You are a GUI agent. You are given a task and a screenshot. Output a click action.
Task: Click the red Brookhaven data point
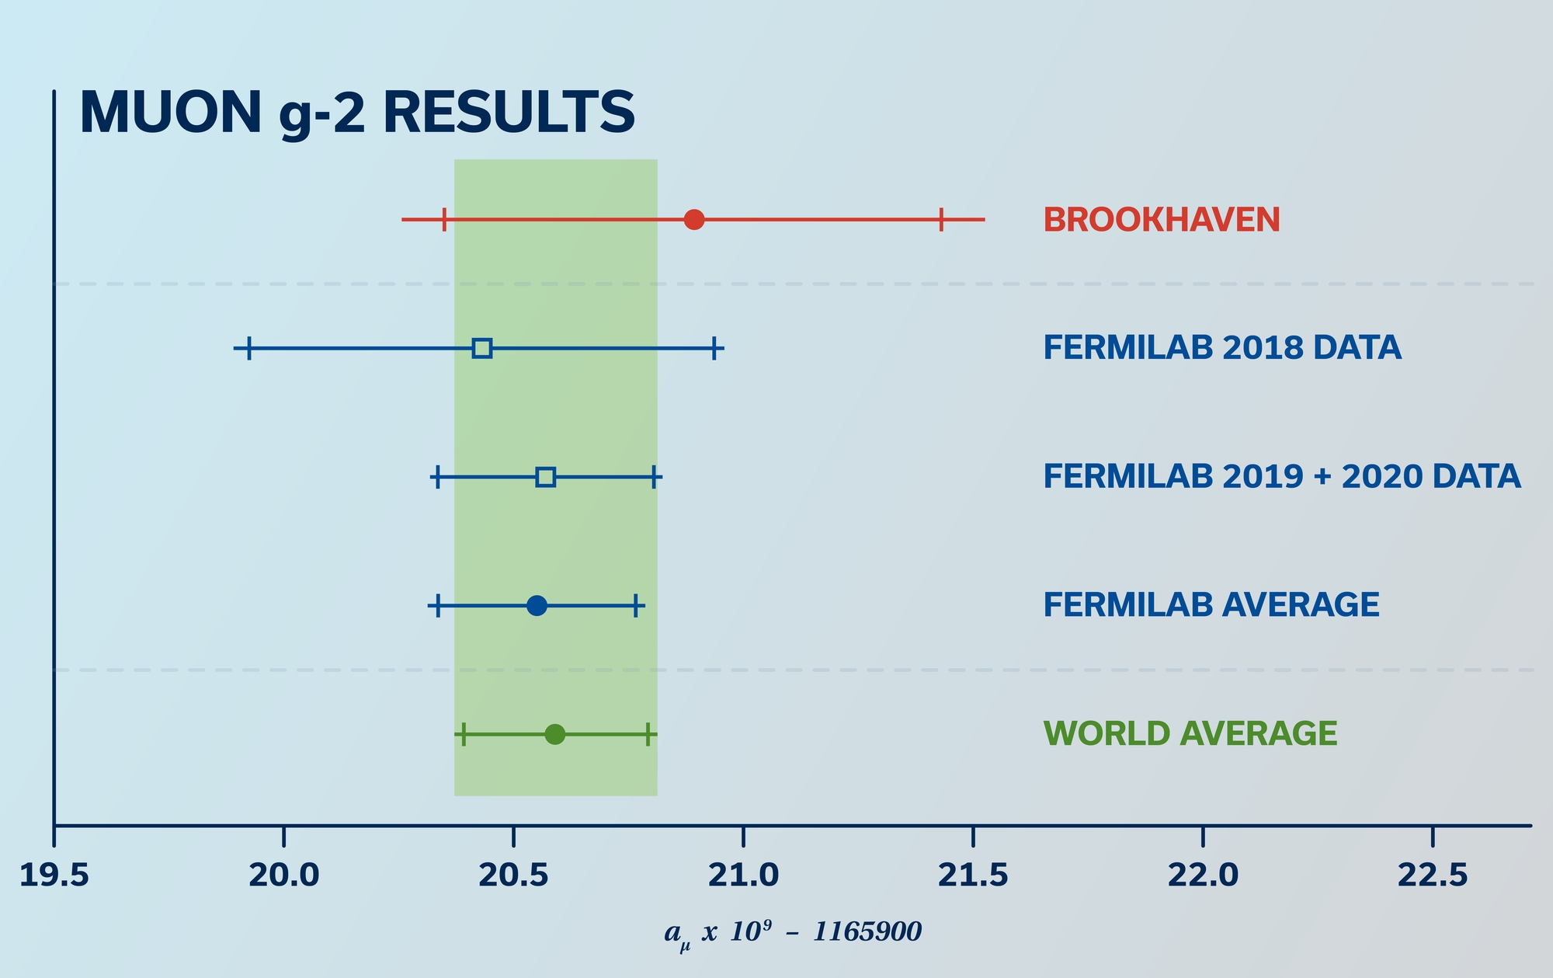[694, 220]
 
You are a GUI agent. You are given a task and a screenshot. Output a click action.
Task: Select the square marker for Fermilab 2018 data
[482, 348]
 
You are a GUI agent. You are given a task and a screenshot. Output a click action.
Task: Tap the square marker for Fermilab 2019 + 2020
[546, 477]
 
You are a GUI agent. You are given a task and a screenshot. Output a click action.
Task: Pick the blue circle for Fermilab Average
[537, 606]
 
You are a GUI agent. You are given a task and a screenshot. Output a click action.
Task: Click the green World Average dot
[554, 734]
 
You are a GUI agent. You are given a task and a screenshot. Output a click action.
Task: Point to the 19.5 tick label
[54, 876]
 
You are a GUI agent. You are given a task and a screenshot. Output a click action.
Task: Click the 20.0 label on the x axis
[284, 876]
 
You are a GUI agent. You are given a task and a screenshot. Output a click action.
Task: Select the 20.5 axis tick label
[513, 876]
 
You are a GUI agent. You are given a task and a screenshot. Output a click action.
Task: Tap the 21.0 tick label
[743, 876]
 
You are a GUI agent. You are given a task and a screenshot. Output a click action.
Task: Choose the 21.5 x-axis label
[973, 876]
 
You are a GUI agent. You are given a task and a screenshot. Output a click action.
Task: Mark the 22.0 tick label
[1203, 876]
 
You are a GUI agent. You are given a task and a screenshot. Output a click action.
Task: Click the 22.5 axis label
[1433, 876]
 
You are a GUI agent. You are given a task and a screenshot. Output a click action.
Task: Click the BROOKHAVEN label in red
[1162, 221]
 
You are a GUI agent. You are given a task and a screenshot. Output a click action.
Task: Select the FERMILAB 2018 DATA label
[1222, 348]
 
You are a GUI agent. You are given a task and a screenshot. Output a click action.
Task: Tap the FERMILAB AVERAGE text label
[1211, 605]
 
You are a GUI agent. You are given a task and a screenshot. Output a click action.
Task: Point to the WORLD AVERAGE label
[1190, 734]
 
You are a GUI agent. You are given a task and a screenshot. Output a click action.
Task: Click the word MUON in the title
[171, 113]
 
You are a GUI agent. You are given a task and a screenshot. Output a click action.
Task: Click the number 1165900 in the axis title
[867, 931]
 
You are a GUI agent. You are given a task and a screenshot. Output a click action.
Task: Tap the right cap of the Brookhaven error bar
[941, 220]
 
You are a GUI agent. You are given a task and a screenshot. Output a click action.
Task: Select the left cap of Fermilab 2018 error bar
[248, 348]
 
